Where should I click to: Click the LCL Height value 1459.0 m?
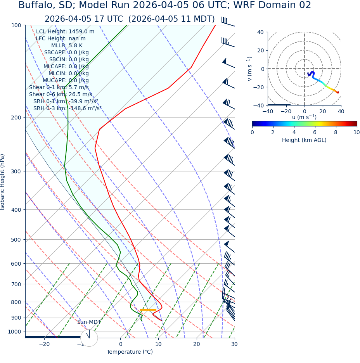coord(81,32)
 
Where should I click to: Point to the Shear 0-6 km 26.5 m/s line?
coord(61,95)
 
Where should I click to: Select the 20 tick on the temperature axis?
coord(196,344)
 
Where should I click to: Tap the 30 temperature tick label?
coord(234,344)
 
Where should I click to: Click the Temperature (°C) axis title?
coord(130,352)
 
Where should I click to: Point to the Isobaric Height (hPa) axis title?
coord(3,182)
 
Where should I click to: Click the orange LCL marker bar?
coord(148,310)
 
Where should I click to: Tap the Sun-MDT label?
coord(89,322)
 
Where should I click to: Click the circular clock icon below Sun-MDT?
coord(89,338)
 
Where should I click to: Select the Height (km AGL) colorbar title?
coord(304,140)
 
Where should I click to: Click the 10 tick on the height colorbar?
coord(356,133)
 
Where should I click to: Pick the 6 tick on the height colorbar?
coord(315,133)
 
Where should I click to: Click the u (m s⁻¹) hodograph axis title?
coord(304,117)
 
